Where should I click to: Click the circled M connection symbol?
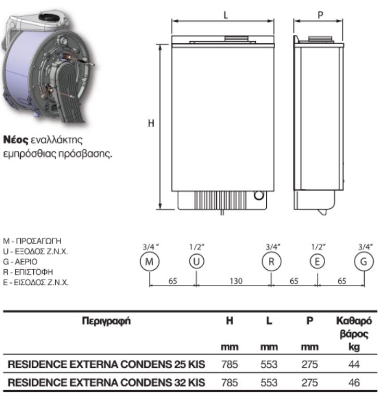pos(150,261)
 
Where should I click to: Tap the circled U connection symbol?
pos(196,261)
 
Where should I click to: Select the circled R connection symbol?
pos(271,261)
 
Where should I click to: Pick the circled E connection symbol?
pos(317,261)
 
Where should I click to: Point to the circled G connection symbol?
pos(364,261)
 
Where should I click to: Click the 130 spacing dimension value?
pos(236,281)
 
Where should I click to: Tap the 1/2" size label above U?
pos(196,247)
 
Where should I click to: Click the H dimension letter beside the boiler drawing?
pos(151,123)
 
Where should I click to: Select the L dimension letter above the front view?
pos(226,15)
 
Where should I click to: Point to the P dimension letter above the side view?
pos(320,15)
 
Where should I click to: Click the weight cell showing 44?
pos(354,364)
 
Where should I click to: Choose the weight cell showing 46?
pos(354,382)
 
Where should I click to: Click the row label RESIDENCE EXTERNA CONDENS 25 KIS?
pos(106,364)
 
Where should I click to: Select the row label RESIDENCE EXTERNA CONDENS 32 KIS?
pos(106,382)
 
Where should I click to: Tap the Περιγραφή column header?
pos(106,321)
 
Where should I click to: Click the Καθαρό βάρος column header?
pos(354,328)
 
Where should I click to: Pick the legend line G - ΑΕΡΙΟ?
pos(20,261)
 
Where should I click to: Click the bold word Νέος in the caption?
pos(16,140)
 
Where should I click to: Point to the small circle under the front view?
pos(259,195)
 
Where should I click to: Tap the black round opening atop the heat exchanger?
pos(50,17)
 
